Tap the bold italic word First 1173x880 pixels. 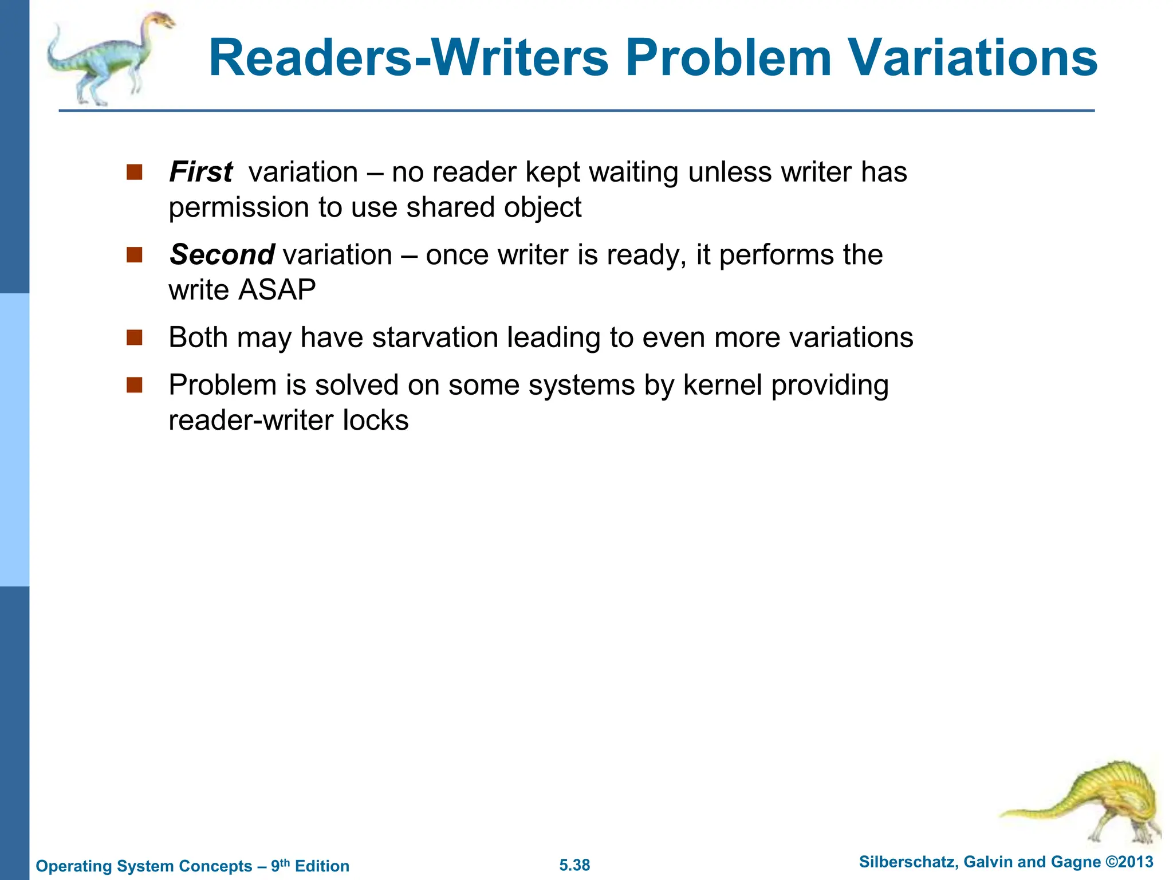coord(200,172)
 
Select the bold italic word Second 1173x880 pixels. coord(222,254)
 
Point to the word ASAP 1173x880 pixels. coord(277,290)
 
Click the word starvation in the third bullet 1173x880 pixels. coord(435,337)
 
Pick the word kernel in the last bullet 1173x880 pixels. coord(722,385)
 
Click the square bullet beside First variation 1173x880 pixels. coord(134,172)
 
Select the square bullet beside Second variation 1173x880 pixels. coord(134,255)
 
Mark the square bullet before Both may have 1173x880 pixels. coord(134,337)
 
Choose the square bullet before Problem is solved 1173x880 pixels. coord(134,385)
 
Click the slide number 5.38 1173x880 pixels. coord(574,865)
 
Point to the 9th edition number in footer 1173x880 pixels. coord(280,865)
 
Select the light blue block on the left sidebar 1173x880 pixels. coord(14,439)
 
